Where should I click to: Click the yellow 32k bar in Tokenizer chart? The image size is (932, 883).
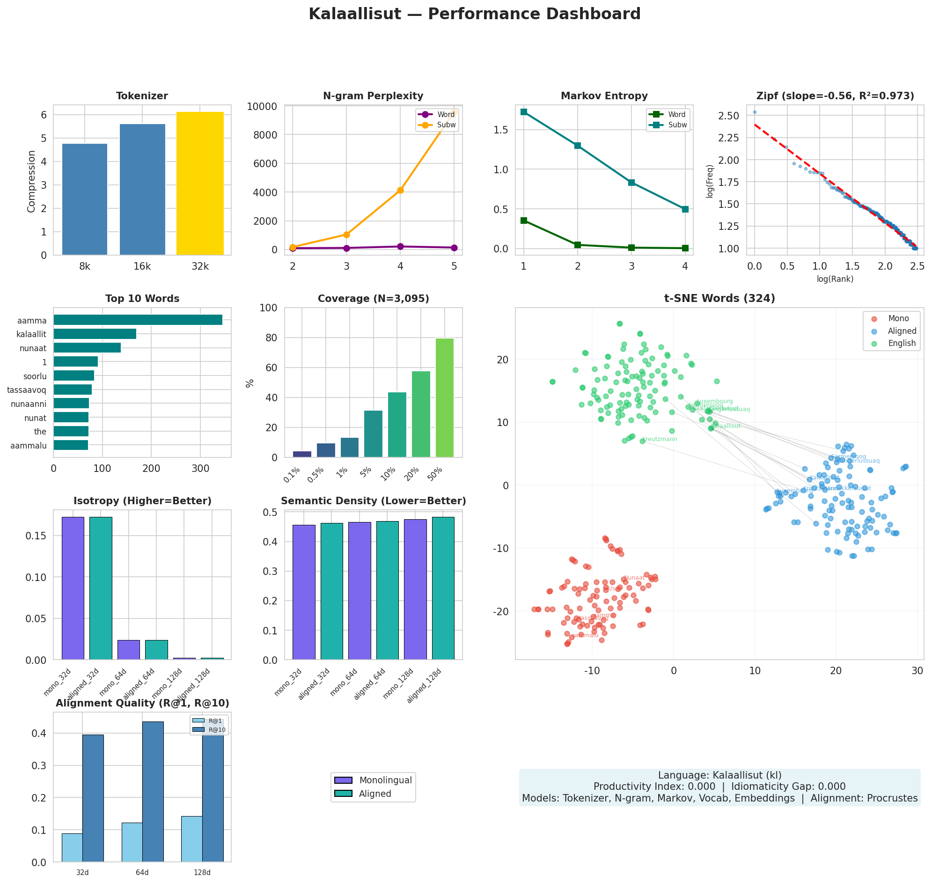[199, 184]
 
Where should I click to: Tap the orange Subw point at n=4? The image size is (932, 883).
[400, 190]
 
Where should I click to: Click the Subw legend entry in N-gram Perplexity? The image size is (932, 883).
[446, 125]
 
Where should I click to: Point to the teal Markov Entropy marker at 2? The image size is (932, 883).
[578, 146]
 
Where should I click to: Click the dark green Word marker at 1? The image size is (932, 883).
[524, 220]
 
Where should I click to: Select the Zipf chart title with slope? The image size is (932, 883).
[835, 96]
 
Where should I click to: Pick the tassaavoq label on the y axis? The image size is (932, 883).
[27, 390]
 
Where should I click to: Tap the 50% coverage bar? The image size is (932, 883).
[444, 398]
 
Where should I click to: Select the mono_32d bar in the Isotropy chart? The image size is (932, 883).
[73, 589]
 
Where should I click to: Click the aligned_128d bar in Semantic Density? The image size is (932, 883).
[443, 589]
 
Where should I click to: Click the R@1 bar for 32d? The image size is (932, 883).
[72, 848]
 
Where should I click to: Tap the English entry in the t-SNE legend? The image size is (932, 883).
[901, 343]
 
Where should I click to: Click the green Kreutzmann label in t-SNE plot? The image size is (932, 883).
[659, 439]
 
